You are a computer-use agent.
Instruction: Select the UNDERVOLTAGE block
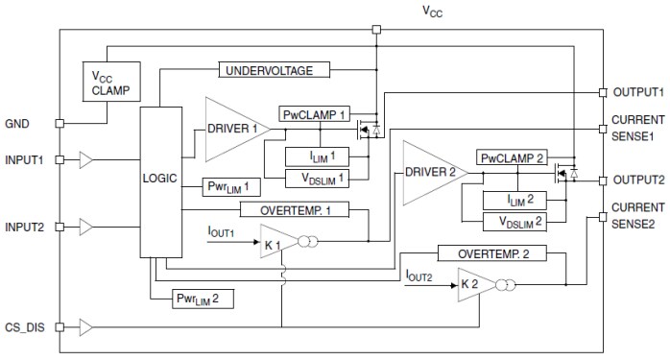(275, 70)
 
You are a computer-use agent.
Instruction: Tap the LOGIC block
(159, 180)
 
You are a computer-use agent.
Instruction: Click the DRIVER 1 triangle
(230, 128)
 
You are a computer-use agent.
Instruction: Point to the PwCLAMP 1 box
(313, 114)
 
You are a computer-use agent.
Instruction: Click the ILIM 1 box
(315, 156)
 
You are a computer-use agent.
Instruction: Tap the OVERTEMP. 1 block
(300, 208)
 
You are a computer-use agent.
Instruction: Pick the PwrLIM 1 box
(228, 186)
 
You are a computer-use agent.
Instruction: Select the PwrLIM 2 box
(203, 299)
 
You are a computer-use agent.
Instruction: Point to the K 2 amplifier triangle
(474, 285)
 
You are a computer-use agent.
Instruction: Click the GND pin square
(60, 123)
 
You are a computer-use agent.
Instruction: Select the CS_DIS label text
(27, 327)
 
